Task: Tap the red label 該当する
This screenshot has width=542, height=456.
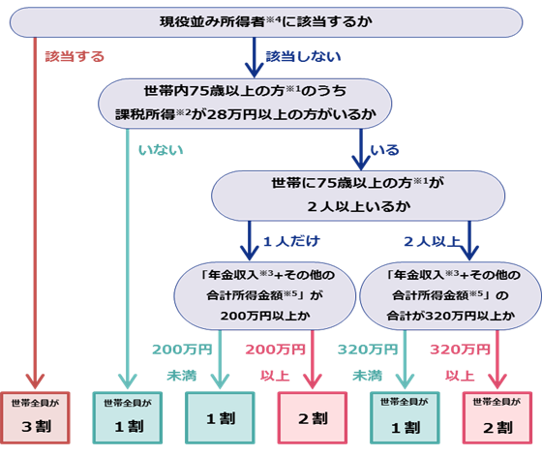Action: click(x=75, y=56)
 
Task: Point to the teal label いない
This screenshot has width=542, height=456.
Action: click(x=161, y=150)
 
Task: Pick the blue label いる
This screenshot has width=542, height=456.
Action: click(x=384, y=150)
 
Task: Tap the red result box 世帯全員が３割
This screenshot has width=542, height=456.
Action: click(x=35, y=416)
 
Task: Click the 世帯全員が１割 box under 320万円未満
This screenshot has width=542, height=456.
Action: click(x=404, y=416)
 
